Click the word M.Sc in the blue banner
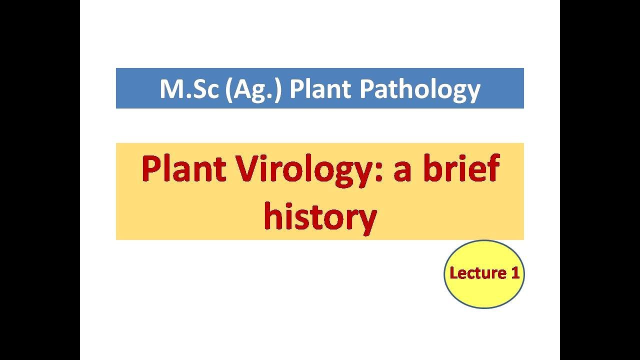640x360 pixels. click(189, 89)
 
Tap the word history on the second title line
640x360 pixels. click(320, 217)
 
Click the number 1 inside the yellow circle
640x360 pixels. click(515, 273)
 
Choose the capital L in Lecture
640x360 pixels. click(453, 273)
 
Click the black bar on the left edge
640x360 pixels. click(40, 180)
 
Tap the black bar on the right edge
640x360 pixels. click(600, 180)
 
